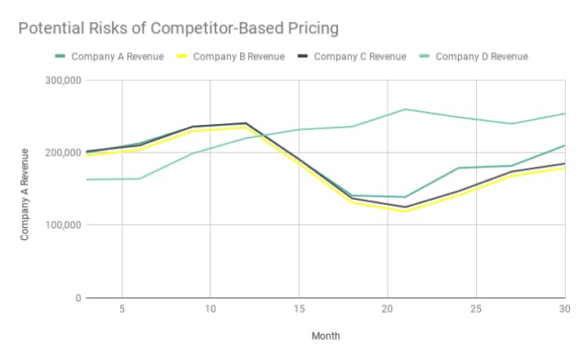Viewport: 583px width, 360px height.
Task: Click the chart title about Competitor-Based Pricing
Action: [x=178, y=29]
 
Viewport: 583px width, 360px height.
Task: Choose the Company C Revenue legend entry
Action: [x=360, y=56]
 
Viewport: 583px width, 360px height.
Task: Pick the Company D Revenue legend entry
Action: [x=481, y=56]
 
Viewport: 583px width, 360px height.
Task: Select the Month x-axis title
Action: [x=325, y=336]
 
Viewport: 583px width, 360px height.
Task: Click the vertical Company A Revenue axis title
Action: [x=25, y=193]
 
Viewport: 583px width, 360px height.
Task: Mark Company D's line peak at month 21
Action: [x=406, y=109]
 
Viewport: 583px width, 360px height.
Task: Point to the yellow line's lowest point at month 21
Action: [x=406, y=212]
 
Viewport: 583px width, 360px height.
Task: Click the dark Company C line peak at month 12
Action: [x=246, y=123]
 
